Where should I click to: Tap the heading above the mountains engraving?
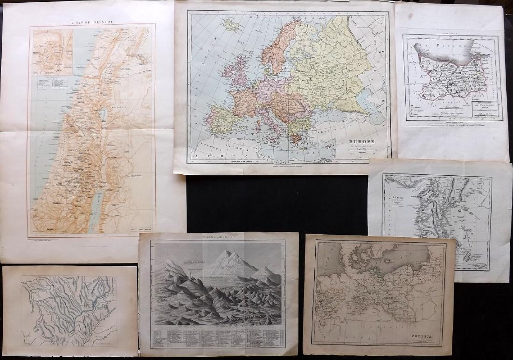click(x=217, y=237)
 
